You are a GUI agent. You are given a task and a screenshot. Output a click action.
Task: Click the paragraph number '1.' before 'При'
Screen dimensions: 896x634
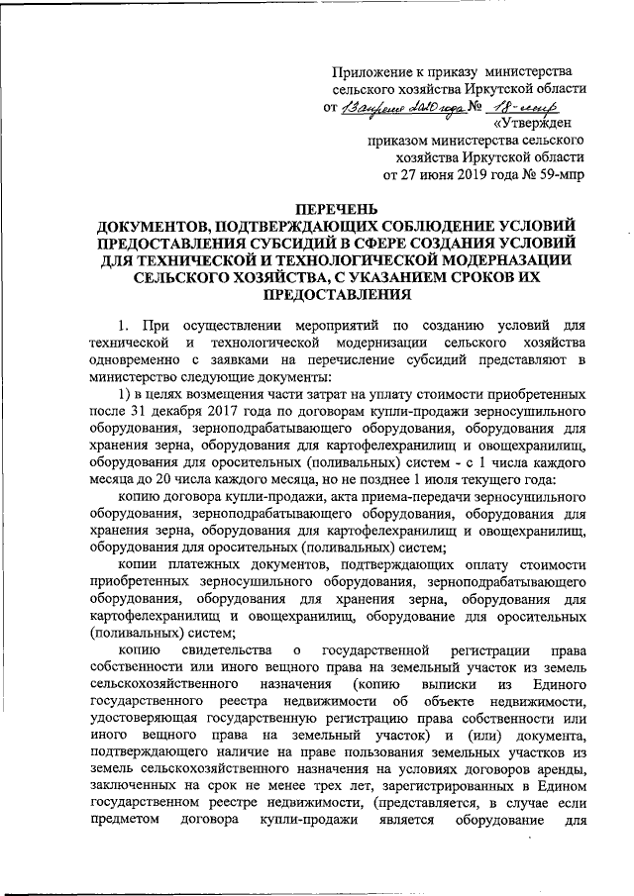point(123,326)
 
